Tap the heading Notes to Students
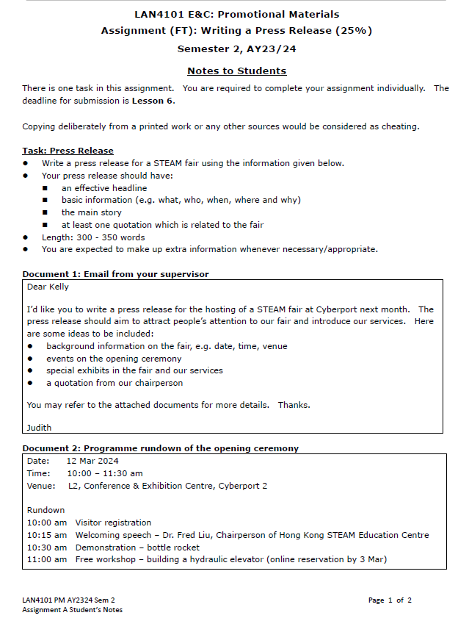pos(236,71)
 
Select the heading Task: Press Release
pos(68,151)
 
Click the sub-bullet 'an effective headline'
pos(104,188)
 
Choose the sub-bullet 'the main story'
pos(92,212)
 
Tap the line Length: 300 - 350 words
pos(93,237)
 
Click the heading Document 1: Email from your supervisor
pos(115,274)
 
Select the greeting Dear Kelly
pos(48,287)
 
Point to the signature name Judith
pos(40,427)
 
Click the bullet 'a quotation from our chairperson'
pos(114,383)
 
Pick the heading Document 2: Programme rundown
pos(160,448)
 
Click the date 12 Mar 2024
pos(92,461)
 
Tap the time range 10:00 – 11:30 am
pos(105,473)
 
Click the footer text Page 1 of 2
pos(390,600)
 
